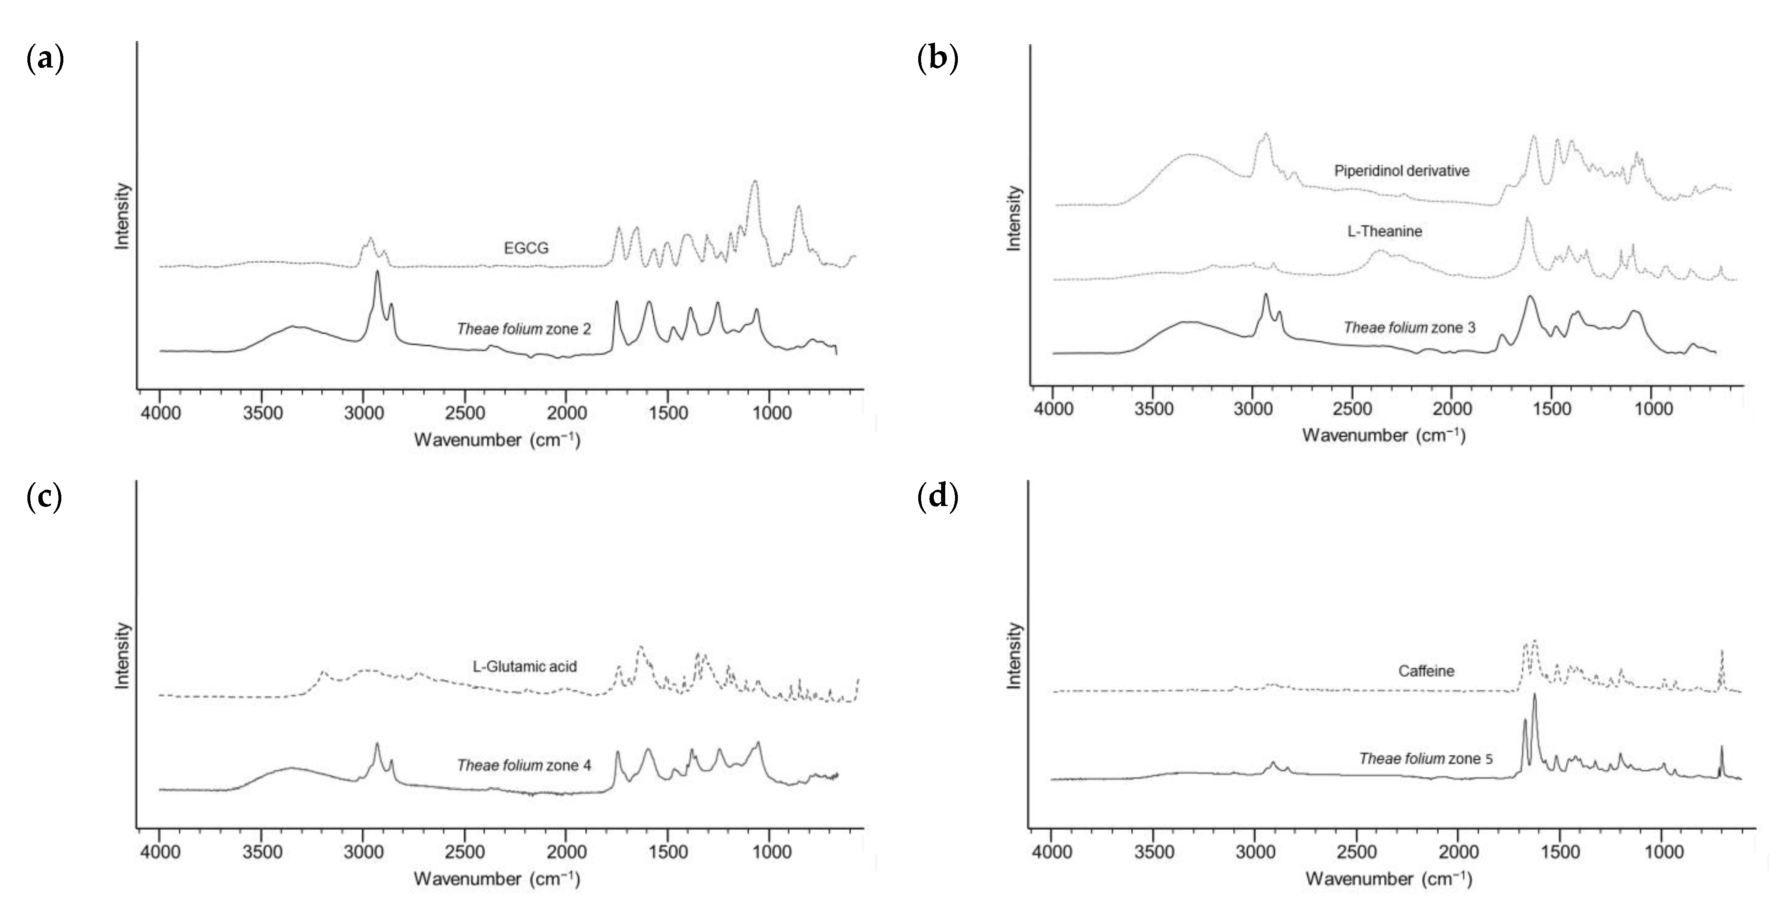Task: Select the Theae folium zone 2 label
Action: pyautogui.click(x=524, y=329)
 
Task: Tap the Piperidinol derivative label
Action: pyautogui.click(x=1401, y=171)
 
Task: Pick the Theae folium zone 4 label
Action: pyautogui.click(x=524, y=765)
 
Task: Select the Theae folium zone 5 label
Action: pyautogui.click(x=1426, y=759)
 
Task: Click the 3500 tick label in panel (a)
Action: pyautogui.click(x=262, y=413)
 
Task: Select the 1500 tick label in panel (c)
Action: pyautogui.click(x=668, y=852)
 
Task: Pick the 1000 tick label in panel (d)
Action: pyautogui.click(x=1663, y=852)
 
